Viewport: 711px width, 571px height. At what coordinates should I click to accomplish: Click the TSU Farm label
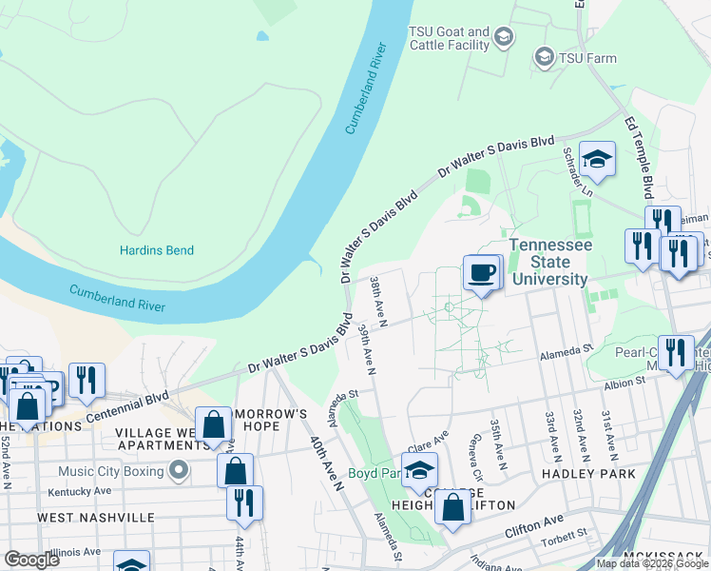tap(587, 58)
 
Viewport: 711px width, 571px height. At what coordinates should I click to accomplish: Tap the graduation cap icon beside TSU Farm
tap(545, 58)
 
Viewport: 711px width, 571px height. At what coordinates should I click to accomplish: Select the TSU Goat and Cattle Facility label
tap(449, 38)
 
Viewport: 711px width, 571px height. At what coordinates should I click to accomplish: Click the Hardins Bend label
tap(157, 251)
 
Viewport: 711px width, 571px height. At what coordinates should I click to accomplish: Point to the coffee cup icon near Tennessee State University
tap(482, 274)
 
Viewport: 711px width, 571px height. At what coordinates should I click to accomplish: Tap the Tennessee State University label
tap(549, 262)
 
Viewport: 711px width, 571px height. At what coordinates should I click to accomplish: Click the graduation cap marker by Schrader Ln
tap(597, 160)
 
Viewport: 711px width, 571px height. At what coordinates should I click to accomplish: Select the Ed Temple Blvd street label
tap(639, 152)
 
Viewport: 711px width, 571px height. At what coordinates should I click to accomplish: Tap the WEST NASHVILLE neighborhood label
tap(95, 517)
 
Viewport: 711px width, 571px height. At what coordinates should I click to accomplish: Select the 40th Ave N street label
tap(325, 463)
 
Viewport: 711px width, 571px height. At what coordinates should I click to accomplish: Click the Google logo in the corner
tap(31, 560)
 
